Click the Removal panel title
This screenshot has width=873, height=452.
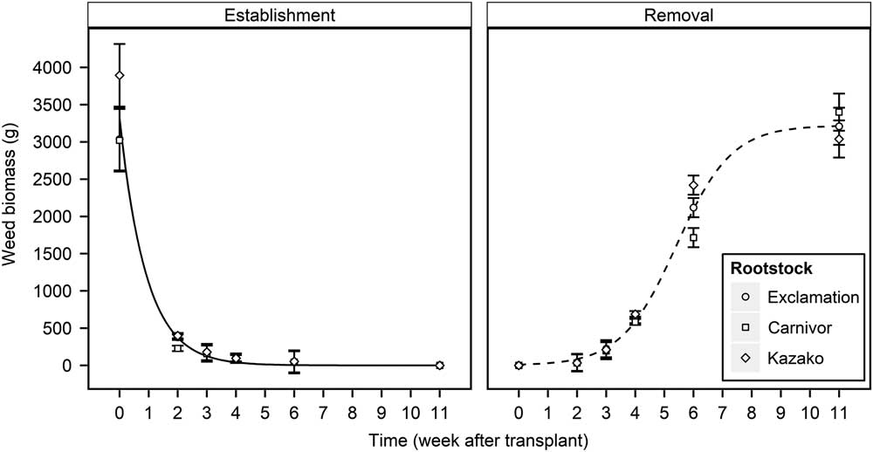[x=678, y=15]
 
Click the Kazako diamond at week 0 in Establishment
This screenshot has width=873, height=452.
[x=120, y=76]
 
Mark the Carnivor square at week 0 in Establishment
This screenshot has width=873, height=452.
[x=120, y=140]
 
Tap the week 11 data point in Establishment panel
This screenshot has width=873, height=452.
[x=439, y=366]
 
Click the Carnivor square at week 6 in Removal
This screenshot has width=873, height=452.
[x=693, y=237]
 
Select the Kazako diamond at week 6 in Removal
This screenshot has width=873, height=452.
[x=693, y=186]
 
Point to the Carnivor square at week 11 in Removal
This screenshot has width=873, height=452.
[x=839, y=112]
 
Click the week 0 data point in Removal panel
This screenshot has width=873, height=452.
[x=519, y=366]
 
